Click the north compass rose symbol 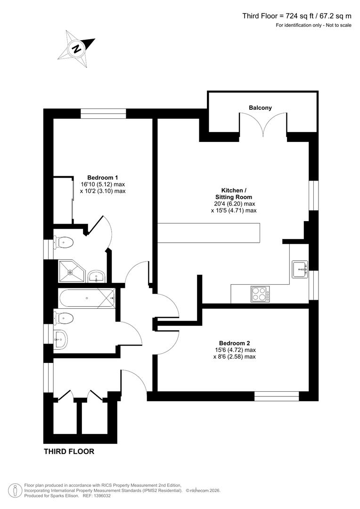76,47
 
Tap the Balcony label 261,108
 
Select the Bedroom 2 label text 234,343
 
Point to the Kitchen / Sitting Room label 234,194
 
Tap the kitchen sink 300,269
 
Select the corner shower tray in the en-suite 71,271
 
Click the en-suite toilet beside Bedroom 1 64,243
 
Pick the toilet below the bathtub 64,318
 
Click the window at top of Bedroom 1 103,114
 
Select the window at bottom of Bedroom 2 276,396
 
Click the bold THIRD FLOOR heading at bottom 69,452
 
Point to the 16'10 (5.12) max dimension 103,184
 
